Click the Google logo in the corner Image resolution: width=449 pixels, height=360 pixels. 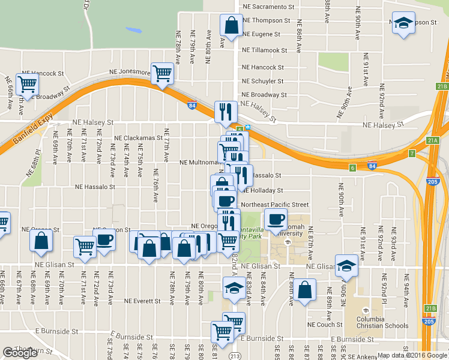20,353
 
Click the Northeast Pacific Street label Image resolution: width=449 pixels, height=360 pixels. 276,205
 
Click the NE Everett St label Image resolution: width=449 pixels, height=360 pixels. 142,301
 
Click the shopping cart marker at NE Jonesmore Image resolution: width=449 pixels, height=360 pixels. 163,73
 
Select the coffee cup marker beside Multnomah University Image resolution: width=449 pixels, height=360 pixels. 276,220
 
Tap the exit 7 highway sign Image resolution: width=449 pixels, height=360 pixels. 412,154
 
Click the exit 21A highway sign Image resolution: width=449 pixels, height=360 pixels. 433,140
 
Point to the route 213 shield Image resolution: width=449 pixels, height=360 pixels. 238,355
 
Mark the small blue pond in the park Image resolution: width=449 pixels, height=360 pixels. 133,29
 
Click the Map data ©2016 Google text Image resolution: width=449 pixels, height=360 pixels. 412,355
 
